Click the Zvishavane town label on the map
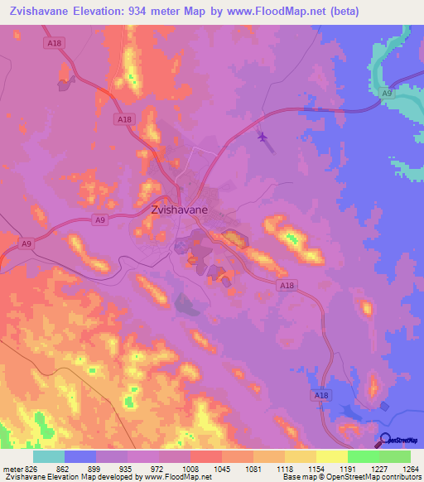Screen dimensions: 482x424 click(180, 210)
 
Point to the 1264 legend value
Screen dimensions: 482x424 click(411, 468)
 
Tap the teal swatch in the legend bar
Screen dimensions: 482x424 click(49, 456)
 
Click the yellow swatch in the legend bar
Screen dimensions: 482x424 click(331, 456)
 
